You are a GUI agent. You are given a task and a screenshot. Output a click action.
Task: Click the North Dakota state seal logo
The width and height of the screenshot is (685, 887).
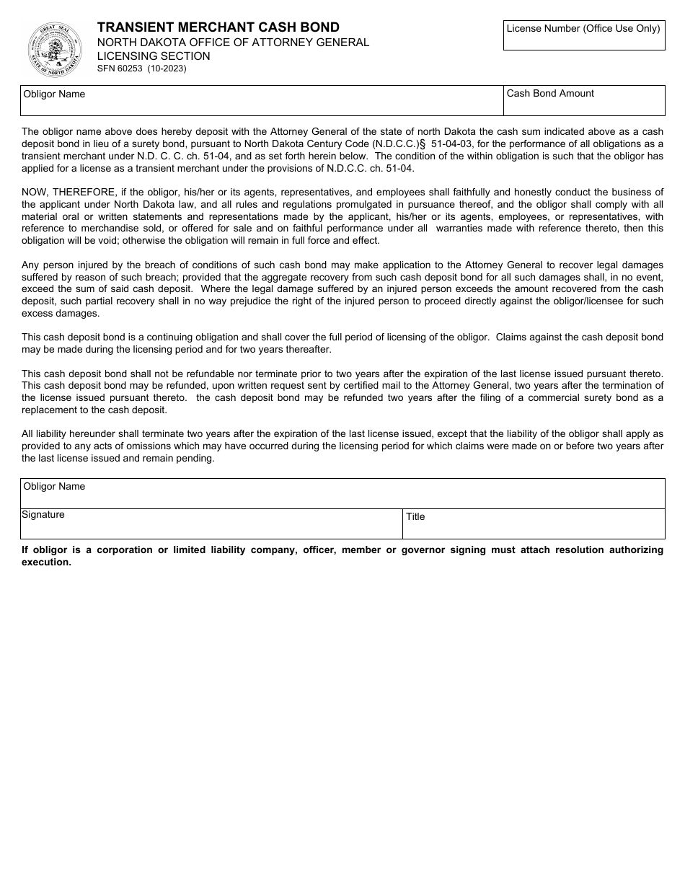56,50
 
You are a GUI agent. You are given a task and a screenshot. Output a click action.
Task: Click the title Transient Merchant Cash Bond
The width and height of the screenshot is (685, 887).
218,27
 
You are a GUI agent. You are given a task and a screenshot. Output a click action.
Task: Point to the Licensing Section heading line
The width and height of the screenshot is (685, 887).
154,56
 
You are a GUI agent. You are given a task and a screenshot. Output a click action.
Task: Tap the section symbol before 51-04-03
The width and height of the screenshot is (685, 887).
424,144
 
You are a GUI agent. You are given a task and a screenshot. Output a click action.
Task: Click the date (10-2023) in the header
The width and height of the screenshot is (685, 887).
167,69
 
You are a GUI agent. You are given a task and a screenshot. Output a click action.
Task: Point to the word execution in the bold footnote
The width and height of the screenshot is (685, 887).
46,562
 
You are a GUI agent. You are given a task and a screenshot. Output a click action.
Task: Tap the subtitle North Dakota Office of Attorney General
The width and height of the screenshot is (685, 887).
233,43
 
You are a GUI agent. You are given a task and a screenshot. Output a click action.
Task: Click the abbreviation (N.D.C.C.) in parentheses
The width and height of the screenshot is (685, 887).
395,144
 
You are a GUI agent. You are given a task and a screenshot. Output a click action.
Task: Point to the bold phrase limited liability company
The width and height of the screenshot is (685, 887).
221,550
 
